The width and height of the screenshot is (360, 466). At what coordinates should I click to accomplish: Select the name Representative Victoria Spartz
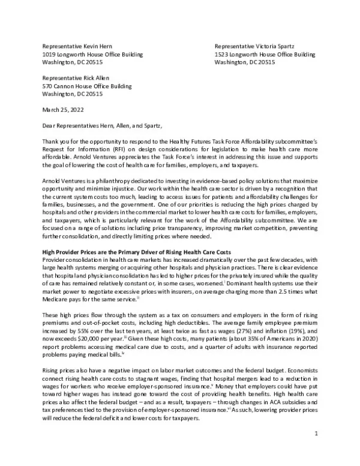coord(254,46)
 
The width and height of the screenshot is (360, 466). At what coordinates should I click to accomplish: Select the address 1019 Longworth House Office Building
coord(92,54)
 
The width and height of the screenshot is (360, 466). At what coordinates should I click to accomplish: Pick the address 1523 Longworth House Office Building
coord(265,54)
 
